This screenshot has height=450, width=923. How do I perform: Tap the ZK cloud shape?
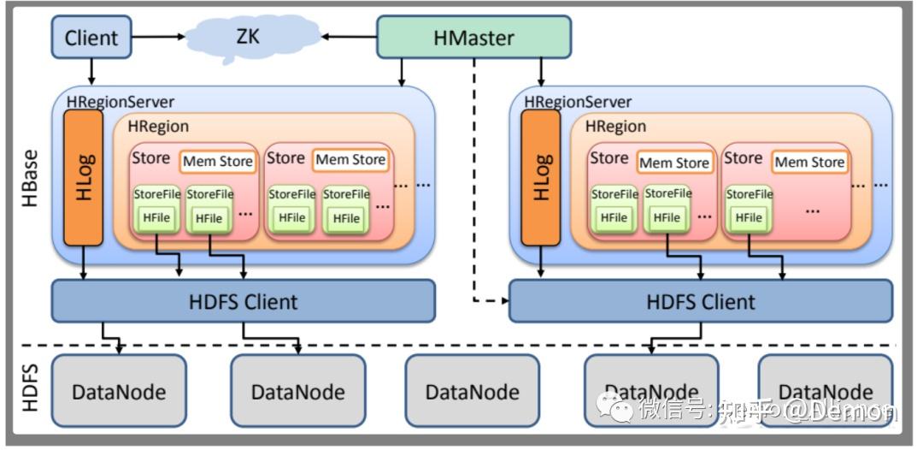click(x=248, y=37)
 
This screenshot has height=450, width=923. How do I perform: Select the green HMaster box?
click(x=474, y=37)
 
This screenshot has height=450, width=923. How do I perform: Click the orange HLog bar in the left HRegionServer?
click(x=83, y=177)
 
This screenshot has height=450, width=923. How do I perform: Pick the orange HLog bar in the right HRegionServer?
click(x=540, y=177)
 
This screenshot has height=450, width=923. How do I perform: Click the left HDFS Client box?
click(x=244, y=301)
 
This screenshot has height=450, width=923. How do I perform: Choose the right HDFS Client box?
click(x=701, y=301)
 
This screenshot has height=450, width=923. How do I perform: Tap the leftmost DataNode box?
click(x=119, y=391)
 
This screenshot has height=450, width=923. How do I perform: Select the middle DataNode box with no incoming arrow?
click(x=473, y=391)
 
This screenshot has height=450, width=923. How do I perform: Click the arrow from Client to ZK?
click(x=158, y=37)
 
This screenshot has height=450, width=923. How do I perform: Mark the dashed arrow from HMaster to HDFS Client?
click(x=475, y=188)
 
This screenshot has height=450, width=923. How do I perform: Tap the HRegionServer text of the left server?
click(x=121, y=102)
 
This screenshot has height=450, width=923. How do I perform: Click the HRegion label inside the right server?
click(x=615, y=127)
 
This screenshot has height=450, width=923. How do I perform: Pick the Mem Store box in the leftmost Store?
click(x=217, y=161)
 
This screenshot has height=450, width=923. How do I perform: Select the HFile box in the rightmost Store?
click(x=748, y=218)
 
